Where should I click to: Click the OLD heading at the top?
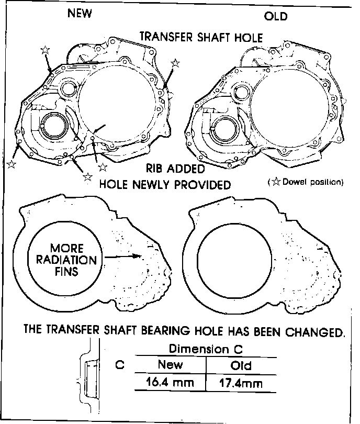coord(276,16)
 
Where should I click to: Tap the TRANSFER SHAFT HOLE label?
coord(201,37)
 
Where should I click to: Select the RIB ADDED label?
coord(175,170)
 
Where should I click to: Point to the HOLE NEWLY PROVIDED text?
coord(165,185)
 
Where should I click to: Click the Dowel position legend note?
coord(307,182)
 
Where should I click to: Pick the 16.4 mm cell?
coord(170,383)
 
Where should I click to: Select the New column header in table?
coord(170,365)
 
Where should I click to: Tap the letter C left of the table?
coord(119,365)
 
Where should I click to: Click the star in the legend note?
coord(275,182)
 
